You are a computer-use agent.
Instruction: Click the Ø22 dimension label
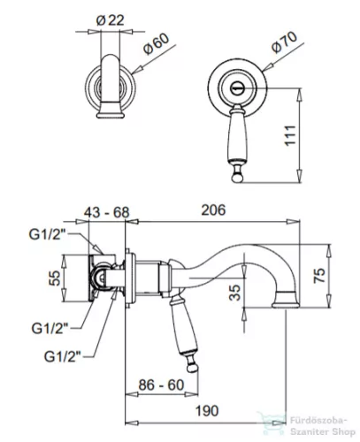point(110,20)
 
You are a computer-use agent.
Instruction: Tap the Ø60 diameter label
point(157,44)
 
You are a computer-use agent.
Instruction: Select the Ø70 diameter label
point(284,42)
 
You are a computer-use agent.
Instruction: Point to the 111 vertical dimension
point(290,135)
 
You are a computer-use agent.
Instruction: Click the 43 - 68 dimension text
point(107,212)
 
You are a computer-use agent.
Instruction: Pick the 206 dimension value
point(213,210)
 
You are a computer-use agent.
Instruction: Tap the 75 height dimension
point(319,276)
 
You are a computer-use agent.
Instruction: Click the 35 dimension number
point(235,293)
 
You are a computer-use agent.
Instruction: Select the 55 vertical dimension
point(54,278)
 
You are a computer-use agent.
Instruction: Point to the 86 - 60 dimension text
point(161,385)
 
